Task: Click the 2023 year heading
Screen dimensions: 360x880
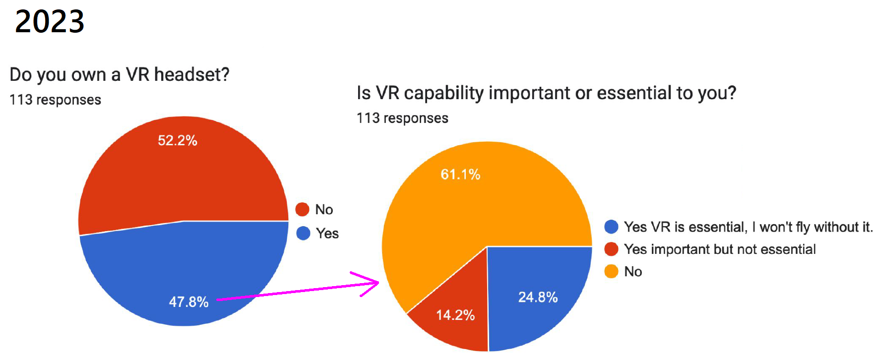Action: (x=50, y=21)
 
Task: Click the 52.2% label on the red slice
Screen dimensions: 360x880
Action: (x=178, y=140)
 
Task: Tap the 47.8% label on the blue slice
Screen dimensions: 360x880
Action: (x=189, y=302)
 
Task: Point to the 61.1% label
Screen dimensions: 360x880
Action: (x=460, y=175)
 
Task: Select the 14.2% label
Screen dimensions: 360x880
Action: (x=455, y=315)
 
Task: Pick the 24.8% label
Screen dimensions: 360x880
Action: (x=538, y=297)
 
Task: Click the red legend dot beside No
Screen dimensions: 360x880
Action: (x=303, y=209)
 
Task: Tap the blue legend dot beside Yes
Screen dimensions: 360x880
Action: (x=303, y=233)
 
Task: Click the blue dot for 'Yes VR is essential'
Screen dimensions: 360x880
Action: (x=611, y=227)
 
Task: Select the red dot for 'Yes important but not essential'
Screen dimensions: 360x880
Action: (x=611, y=249)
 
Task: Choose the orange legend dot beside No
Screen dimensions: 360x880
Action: (x=611, y=271)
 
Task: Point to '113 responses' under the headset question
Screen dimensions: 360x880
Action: (x=55, y=100)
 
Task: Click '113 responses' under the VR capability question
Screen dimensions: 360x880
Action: (x=402, y=118)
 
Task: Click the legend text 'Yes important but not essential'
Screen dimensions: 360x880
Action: (x=719, y=249)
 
